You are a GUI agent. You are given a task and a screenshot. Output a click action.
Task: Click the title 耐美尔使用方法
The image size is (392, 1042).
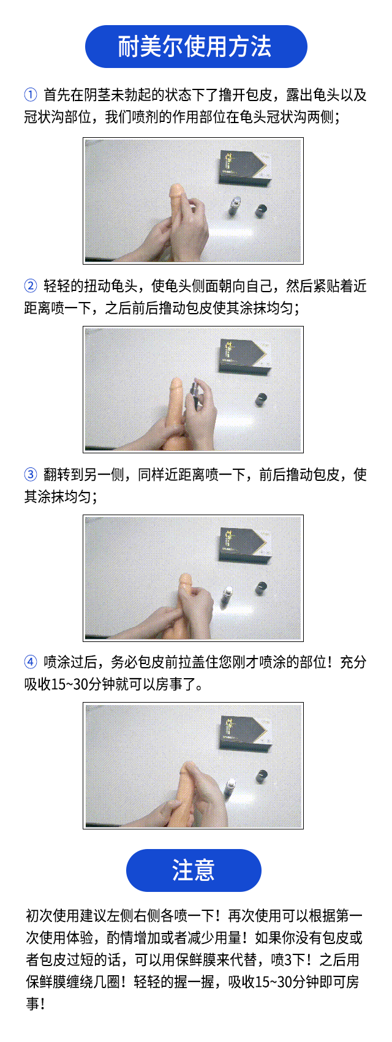[x=194, y=47]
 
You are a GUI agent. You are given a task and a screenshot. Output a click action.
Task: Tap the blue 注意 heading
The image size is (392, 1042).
[x=194, y=870]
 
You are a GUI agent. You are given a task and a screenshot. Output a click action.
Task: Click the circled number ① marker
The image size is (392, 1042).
[x=30, y=95]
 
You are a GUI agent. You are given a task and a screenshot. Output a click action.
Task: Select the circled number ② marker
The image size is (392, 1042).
[x=30, y=285]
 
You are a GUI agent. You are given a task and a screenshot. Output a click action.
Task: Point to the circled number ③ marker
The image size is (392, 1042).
[x=30, y=474]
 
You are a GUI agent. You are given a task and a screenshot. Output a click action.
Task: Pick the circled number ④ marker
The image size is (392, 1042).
[x=30, y=662]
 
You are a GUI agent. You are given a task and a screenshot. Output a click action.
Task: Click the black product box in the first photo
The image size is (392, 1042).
[x=244, y=167]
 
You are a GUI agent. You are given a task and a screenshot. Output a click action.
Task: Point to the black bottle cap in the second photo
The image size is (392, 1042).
[x=262, y=399]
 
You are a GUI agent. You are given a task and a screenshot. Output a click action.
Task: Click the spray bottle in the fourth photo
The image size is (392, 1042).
[x=231, y=788]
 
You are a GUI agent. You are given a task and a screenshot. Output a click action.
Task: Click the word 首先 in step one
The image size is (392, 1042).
[x=57, y=95]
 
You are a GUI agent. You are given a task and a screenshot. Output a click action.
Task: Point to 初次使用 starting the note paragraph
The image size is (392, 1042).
[x=53, y=915]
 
